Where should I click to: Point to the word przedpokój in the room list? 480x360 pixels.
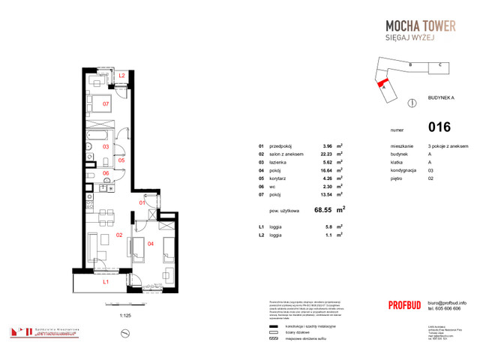tap(280, 145)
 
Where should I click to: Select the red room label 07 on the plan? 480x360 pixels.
tap(106, 103)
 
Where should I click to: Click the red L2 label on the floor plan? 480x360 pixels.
tap(121, 76)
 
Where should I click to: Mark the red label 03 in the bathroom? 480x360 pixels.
tap(106, 147)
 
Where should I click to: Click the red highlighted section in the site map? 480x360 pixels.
tap(383, 82)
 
